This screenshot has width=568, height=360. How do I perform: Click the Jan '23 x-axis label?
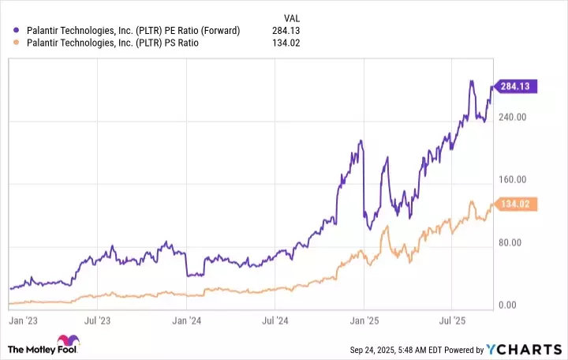(23, 321)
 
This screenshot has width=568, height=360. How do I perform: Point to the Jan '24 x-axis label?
(185, 321)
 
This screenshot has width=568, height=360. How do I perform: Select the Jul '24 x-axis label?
(275, 321)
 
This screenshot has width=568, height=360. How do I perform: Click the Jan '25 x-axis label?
(364, 321)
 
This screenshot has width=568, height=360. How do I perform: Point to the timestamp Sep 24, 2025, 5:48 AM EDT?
(401, 350)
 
